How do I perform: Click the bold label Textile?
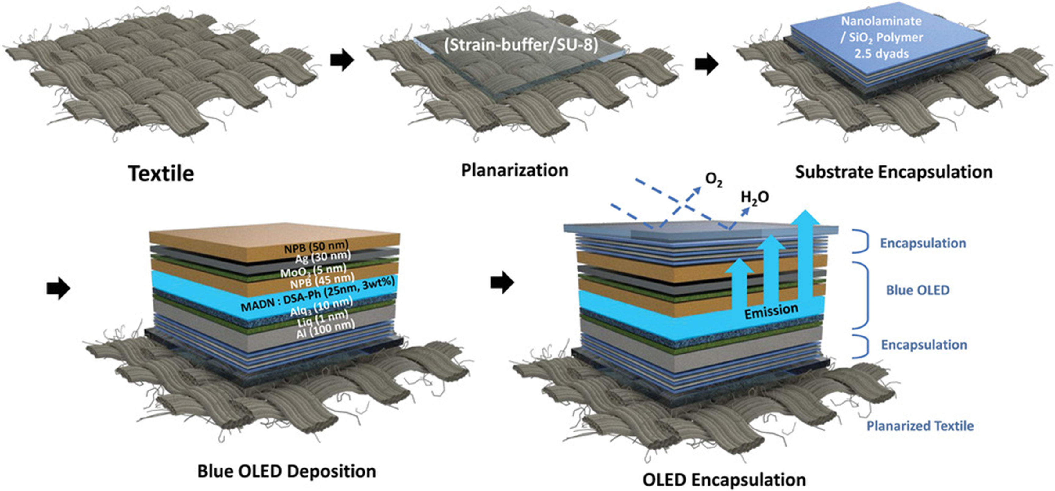click(x=161, y=173)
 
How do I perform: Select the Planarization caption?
click(x=514, y=170)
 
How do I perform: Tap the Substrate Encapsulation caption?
click(x=894, y=172)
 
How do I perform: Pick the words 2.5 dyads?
click(x=881, y=54)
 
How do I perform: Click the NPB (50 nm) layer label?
click(x=316, y=247)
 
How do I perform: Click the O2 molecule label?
click(x=713, y=180)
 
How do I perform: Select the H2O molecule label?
click(x=755, y=197)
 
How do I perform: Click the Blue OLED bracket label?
click(x=917, y=290)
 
